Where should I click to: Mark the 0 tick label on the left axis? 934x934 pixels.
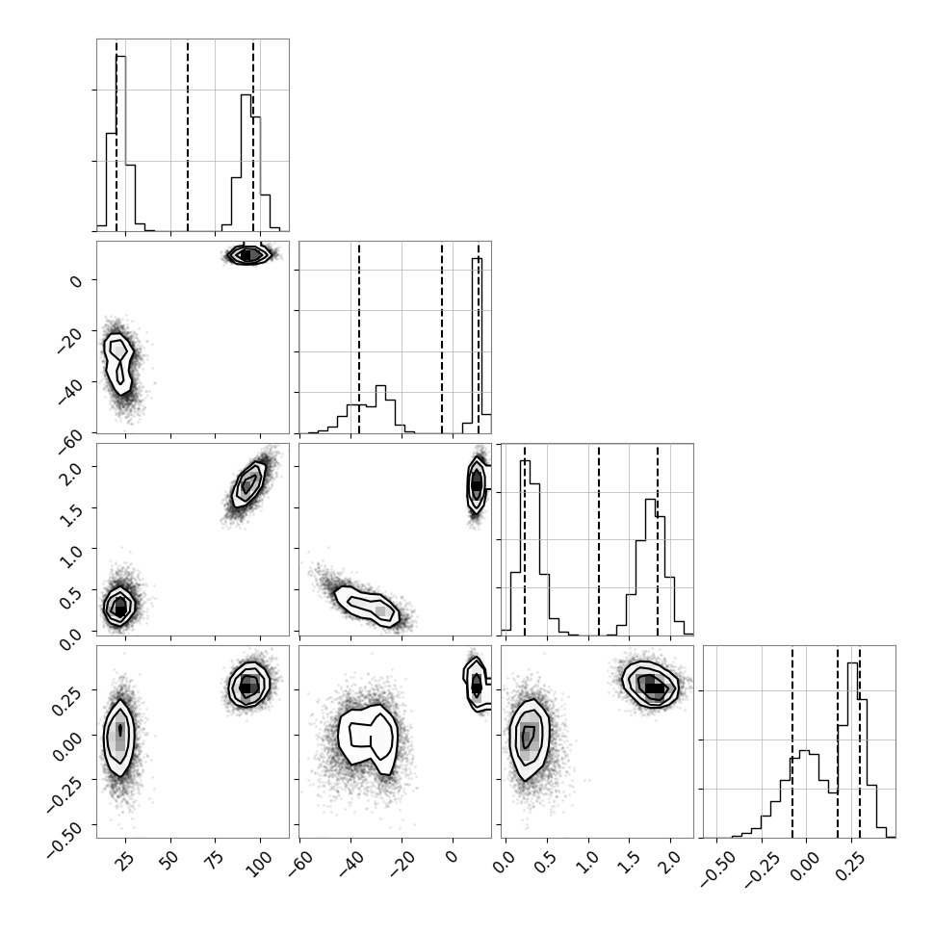76,279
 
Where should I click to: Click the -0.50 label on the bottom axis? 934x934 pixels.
717,868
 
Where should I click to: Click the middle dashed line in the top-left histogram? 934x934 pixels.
188,135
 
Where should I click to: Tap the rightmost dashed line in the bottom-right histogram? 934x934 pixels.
860,741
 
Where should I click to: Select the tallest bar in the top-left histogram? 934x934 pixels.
121,143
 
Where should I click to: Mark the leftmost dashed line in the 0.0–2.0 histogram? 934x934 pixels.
524,539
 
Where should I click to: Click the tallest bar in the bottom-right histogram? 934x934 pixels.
852,750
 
